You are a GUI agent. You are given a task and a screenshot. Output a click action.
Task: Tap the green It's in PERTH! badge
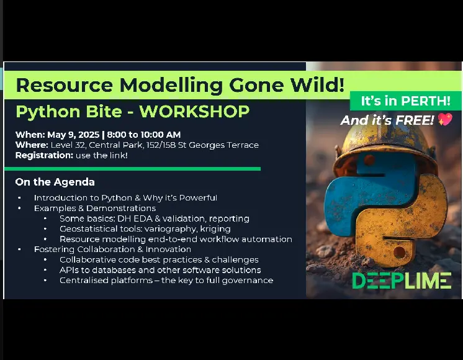click(405, 101)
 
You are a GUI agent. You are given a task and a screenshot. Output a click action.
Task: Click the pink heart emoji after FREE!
click(445, 120)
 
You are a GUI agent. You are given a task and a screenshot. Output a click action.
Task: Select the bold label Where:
click(32, 145)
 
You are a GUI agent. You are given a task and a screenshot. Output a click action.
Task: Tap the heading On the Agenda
click(55, 182)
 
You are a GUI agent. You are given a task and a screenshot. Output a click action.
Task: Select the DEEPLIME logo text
click(402, 281)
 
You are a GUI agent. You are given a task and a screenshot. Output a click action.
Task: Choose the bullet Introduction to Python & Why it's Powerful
click(125, 198)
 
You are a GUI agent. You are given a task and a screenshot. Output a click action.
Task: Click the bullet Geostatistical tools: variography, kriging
click(145, 228)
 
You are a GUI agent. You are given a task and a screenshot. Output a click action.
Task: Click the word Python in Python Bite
click(47, 112)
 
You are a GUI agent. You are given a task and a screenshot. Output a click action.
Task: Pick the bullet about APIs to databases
click(160, 270)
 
